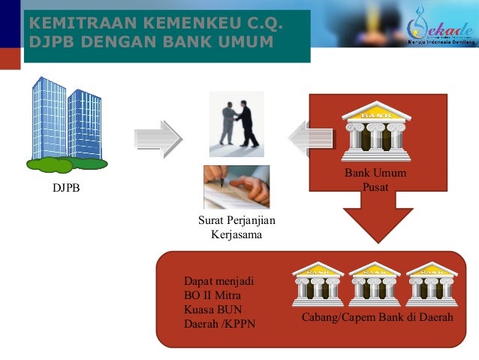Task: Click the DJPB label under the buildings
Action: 65,188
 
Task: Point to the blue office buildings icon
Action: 66,124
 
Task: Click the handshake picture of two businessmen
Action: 236,120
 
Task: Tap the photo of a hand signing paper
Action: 236,186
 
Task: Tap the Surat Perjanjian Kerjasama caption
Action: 236,228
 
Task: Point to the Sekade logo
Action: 440,29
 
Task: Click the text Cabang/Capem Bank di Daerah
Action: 377,319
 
